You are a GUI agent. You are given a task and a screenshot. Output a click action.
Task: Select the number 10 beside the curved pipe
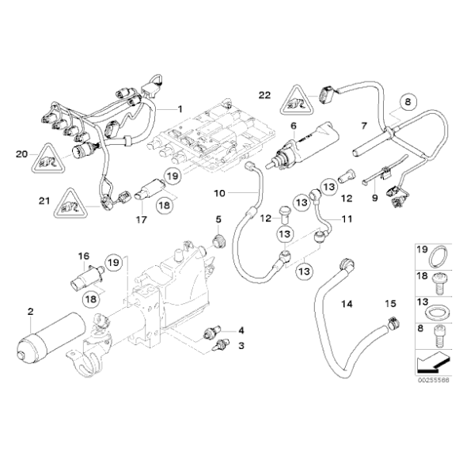pos(219,192)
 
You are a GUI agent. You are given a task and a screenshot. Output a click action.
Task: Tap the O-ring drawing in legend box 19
pos(432,258)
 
